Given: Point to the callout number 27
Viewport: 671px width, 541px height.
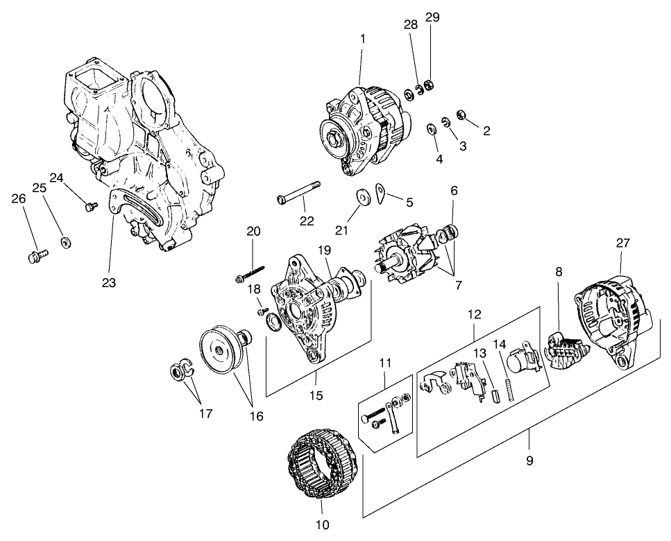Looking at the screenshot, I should click(x=622, y=243).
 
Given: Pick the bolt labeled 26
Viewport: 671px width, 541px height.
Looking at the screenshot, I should click(x=37, y=257).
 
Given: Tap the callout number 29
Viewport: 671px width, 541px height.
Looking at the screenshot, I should click(x=432, y=17).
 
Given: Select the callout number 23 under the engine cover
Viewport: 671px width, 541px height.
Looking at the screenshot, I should click(x=109, y=282).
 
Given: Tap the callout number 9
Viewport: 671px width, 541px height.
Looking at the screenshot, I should click(x=529, y=460).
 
